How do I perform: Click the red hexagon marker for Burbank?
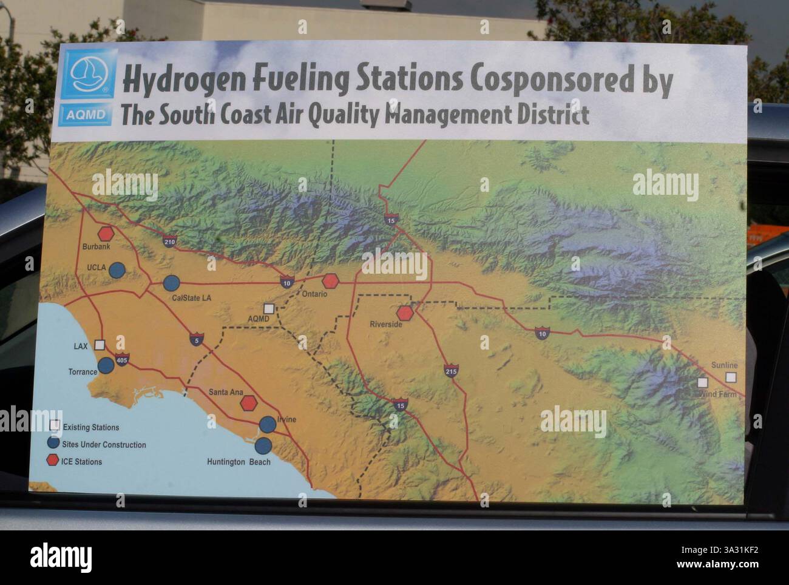click(106, 233)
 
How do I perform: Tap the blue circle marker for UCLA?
click(117, 270)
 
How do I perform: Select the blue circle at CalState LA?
click(172, 283)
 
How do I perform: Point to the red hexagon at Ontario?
click(330, 281)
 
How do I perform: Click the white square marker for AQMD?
click(268, 309)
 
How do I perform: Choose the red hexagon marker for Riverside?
click(405, 313)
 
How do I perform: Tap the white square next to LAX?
click(100, 344)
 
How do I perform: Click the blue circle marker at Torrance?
click(106, 365)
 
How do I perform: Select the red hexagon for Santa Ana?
click(249, 402)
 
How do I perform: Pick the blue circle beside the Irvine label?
click(267, 424)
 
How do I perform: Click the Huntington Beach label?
click(239, 462)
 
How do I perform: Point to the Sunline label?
click(724, 365)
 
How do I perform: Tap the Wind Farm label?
click(718, 394)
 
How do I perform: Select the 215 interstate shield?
click(450, 371)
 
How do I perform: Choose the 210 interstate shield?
click(169, 242)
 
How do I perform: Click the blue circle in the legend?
click(54, 443)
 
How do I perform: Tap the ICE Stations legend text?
click(81, 462)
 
